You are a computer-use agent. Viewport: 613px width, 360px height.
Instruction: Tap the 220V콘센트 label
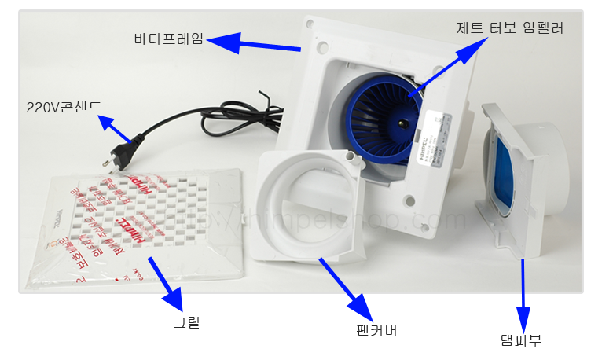point(64,108)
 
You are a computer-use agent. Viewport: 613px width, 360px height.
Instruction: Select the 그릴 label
point(186,321)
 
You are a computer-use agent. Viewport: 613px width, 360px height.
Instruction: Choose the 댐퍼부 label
point(520,340)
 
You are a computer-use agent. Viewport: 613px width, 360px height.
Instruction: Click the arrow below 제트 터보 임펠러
point(449,68)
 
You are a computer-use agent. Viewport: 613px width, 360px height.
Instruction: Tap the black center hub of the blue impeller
point(402,123)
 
